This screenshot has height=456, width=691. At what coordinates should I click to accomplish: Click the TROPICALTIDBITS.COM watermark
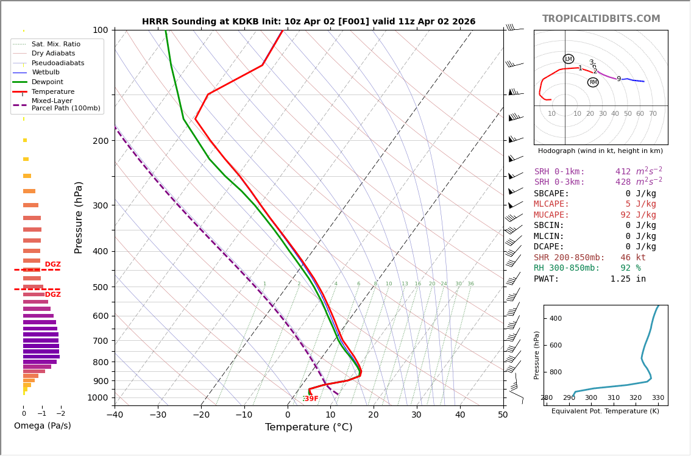601,19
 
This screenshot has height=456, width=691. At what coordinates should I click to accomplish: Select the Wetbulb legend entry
45,73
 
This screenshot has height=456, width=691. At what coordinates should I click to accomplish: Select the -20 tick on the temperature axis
202,415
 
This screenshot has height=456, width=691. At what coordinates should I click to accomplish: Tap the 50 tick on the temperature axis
503,415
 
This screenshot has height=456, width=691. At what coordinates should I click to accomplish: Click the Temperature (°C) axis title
308,428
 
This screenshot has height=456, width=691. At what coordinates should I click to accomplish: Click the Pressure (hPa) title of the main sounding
79,217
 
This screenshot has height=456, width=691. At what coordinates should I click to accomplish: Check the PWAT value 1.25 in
628,279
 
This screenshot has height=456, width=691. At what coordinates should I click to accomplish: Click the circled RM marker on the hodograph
593,82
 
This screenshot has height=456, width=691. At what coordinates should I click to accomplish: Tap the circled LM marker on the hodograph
569,59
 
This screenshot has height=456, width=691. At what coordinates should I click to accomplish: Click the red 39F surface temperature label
311,399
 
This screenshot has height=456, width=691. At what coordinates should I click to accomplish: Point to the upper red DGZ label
52,265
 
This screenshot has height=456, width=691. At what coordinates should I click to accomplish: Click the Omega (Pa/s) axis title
43,426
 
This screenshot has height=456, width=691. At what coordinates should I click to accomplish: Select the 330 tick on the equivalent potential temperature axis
658,398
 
